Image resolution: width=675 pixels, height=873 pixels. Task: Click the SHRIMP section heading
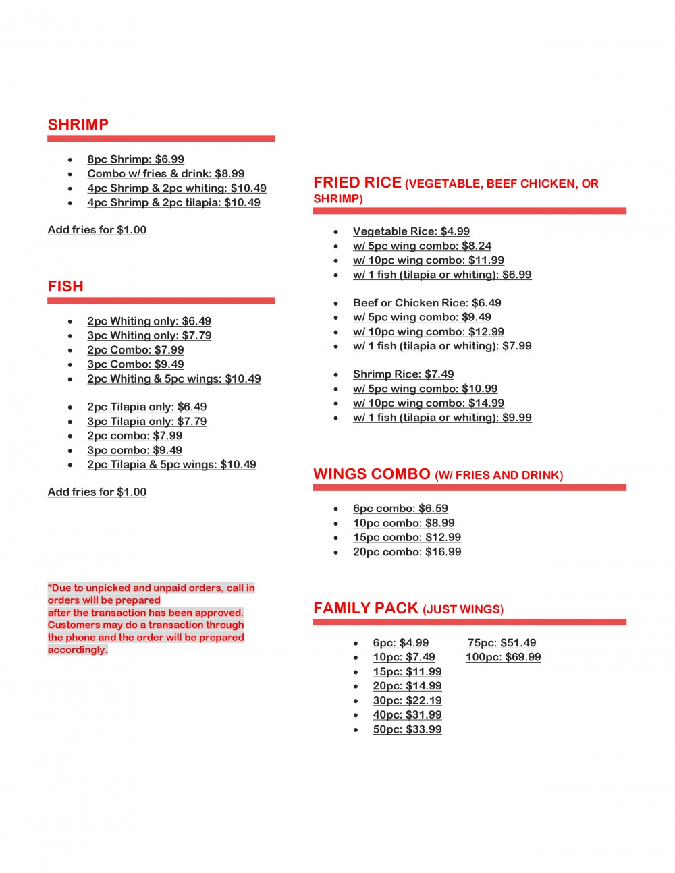click(78, 125)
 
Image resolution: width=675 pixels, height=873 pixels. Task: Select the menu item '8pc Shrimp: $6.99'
click(136, 159)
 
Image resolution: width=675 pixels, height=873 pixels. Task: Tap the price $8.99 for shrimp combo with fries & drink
click(230, 173)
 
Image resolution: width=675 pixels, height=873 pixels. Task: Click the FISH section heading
click(65, 287)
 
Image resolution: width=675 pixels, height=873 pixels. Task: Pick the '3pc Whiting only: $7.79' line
click(149, 335)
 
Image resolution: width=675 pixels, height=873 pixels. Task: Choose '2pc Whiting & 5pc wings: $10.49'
click(173, 378)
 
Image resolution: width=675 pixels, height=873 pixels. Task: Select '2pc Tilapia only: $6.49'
click(146, 407)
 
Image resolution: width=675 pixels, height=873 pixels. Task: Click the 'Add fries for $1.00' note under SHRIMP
click(97, 229)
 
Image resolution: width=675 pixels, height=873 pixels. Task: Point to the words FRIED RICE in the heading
click(357, 183)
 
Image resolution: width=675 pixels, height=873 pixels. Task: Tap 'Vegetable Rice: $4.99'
click(411, 231)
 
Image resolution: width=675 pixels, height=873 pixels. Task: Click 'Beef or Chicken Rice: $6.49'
click(427, 303)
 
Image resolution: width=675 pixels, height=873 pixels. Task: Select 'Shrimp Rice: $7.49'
click(403, 374)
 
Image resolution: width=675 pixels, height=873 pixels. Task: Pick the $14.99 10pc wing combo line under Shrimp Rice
click(428, 403)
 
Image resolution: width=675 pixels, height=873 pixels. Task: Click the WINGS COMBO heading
click(371, 474)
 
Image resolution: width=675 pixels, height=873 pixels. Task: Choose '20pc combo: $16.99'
click(407, 552)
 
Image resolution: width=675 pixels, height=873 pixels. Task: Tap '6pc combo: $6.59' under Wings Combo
click(400, 509)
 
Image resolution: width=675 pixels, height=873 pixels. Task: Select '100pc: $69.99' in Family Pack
click(503, 657)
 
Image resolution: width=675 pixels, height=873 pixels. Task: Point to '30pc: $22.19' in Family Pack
click(407, 700)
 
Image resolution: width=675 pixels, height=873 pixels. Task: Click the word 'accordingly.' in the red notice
click(77, 650)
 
